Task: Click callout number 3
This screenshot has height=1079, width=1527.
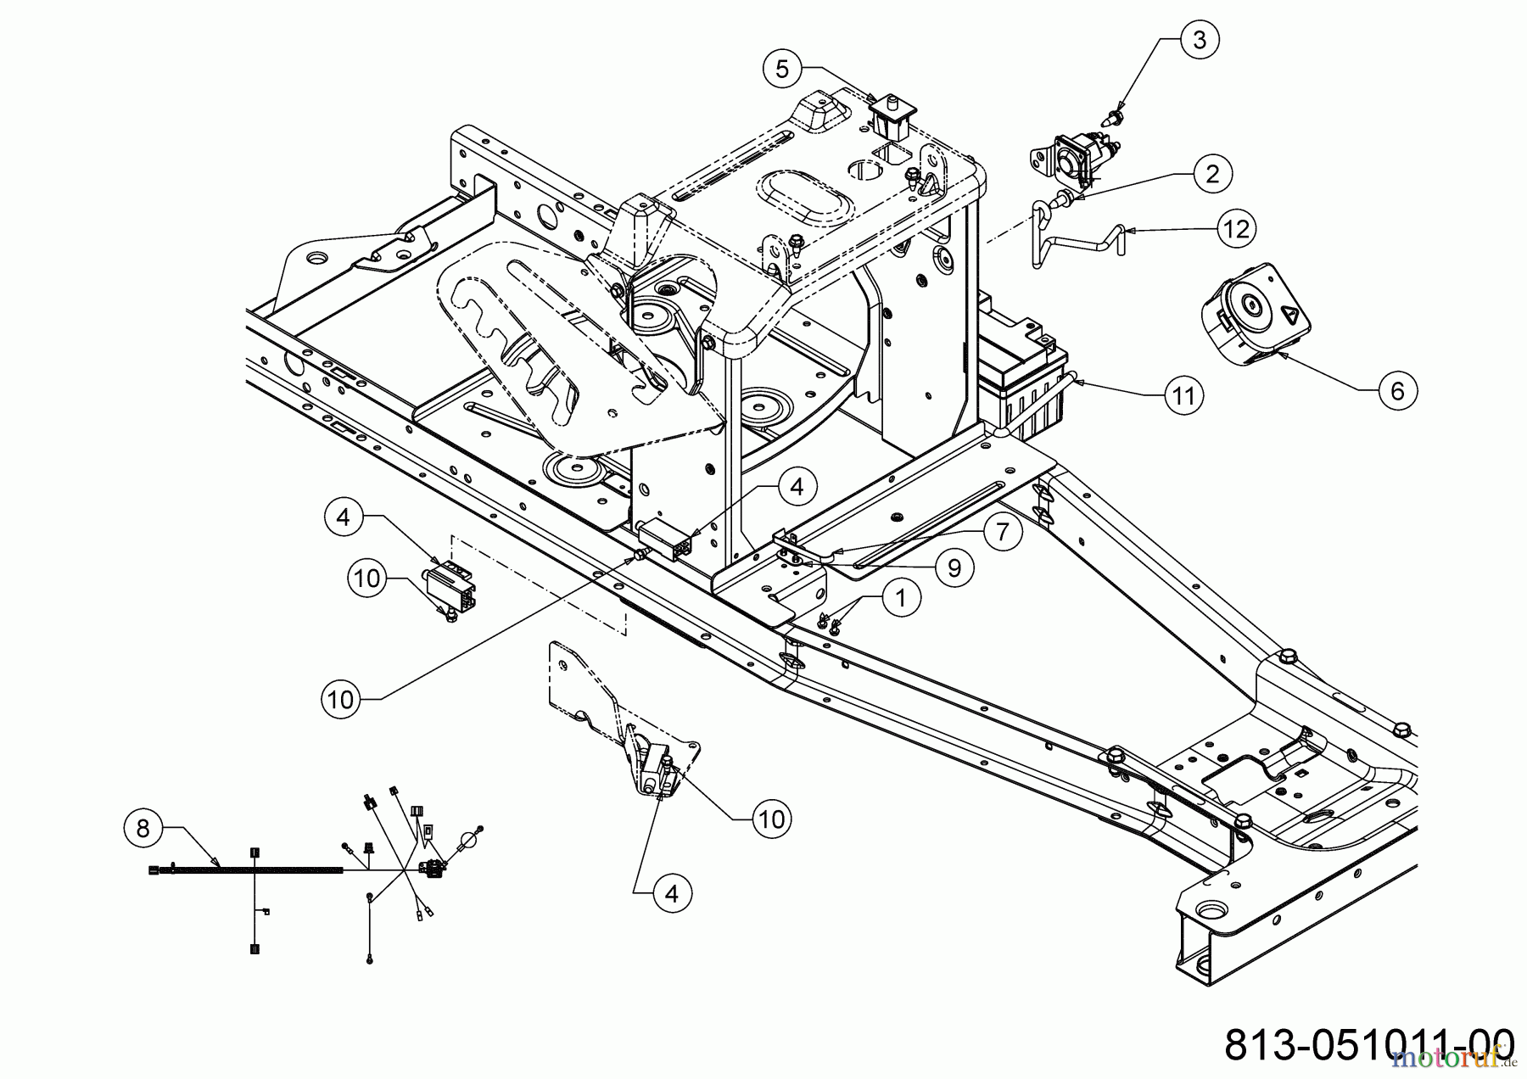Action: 1199,40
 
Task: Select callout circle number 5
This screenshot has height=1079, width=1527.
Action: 782,69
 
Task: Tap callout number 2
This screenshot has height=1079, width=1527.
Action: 1211,174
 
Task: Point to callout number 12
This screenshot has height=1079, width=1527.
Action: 1237,229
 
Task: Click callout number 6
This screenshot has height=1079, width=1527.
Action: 1397,390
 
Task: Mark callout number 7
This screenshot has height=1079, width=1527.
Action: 1003,533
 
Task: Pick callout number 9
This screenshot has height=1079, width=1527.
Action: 954,568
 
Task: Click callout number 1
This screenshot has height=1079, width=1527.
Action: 901,598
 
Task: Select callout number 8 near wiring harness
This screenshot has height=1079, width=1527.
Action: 143,828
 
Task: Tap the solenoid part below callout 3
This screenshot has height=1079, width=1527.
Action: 1072,156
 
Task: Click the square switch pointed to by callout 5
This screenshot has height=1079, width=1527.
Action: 890,116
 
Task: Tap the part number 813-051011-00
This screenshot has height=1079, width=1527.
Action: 1369,1043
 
